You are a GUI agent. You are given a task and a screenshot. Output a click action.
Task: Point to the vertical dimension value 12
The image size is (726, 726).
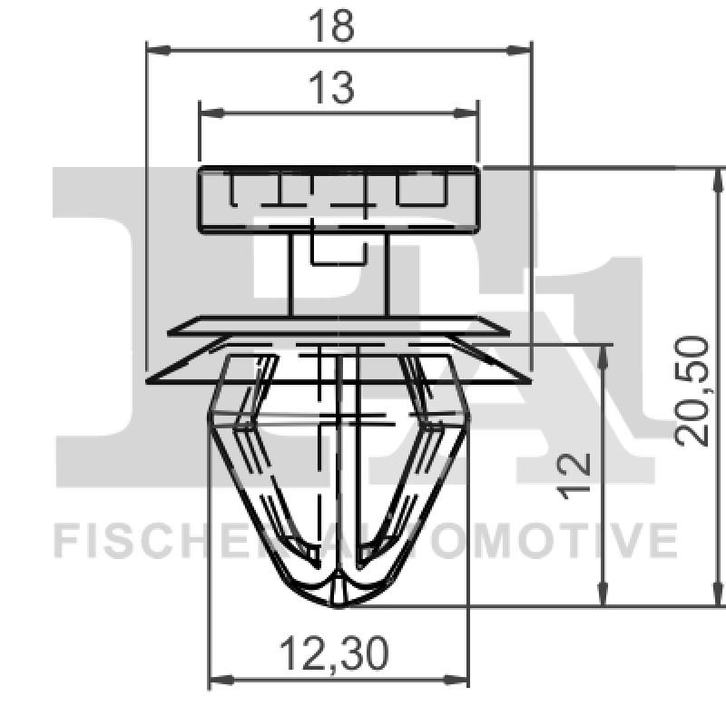(575, 476)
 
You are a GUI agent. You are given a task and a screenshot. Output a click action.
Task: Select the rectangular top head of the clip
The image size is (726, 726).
(338, 199)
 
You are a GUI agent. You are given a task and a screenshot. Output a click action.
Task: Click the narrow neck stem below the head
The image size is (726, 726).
(338, 272)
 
